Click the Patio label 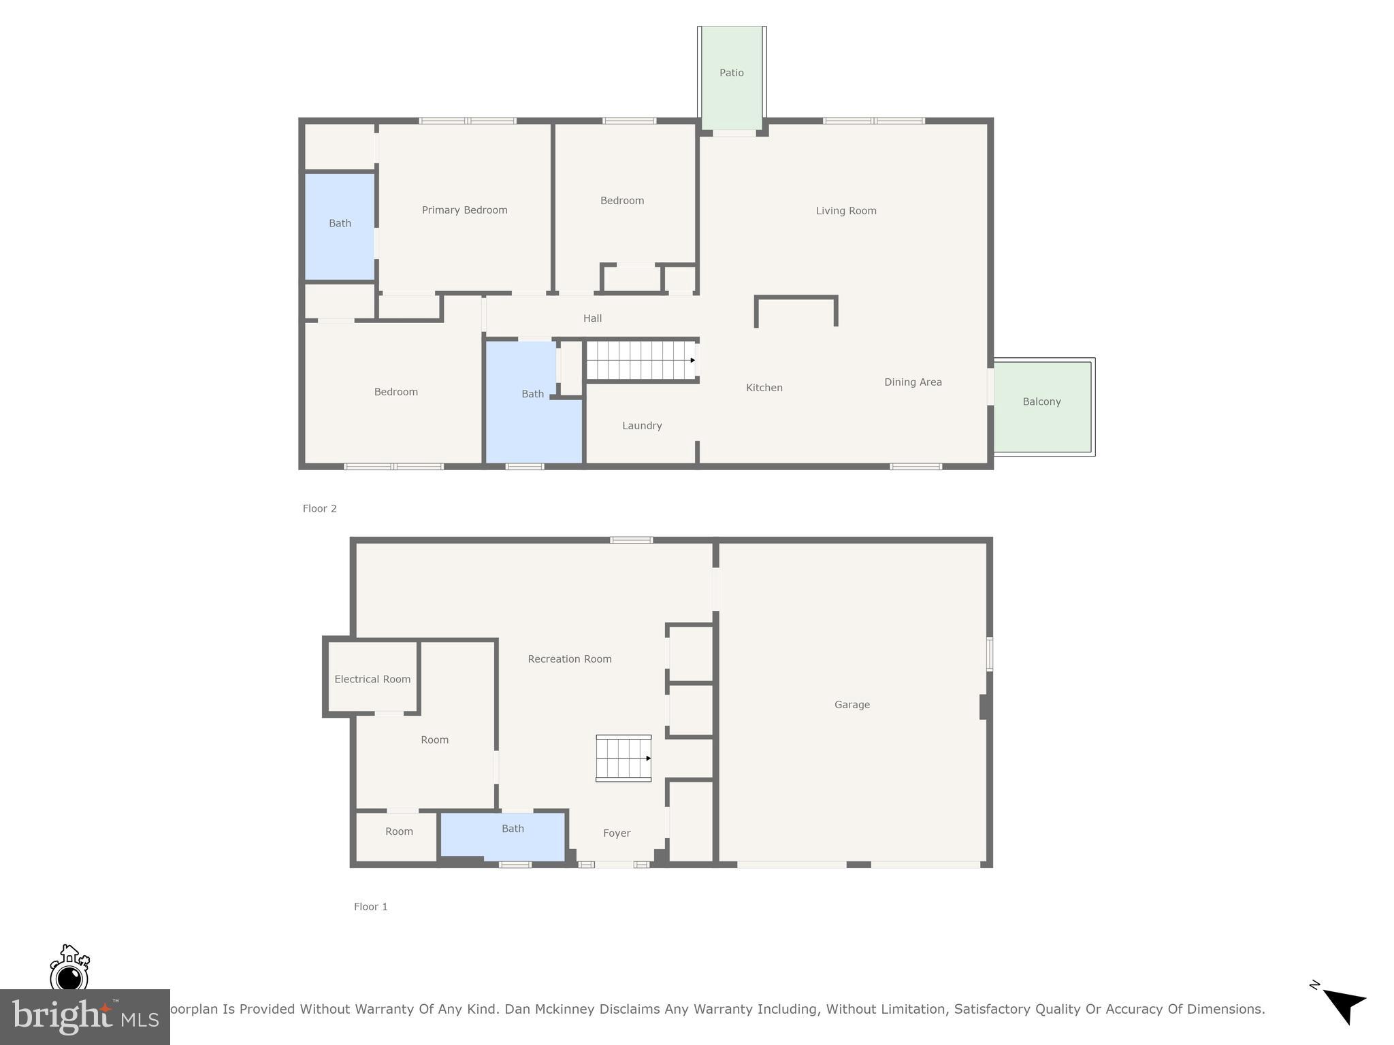[x=732, y=73]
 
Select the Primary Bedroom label [x=464, y=210]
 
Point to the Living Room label [x=846, y=211]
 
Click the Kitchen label [x=764, y=388]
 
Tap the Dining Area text [x=913, y=382]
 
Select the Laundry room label [x=641, y=426]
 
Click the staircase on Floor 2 [x=641, y=361]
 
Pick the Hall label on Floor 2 [x=592, y=318]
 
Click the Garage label [x=852, y=705]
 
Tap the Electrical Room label [x=372, y=679]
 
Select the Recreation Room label [x=570, y=659]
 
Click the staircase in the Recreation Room [x=623, y=758]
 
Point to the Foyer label [x=617, y=833]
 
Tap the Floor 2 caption [x=320, y=509]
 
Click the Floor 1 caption [x=371, y=907]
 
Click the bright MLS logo [x=85, y=1017]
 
